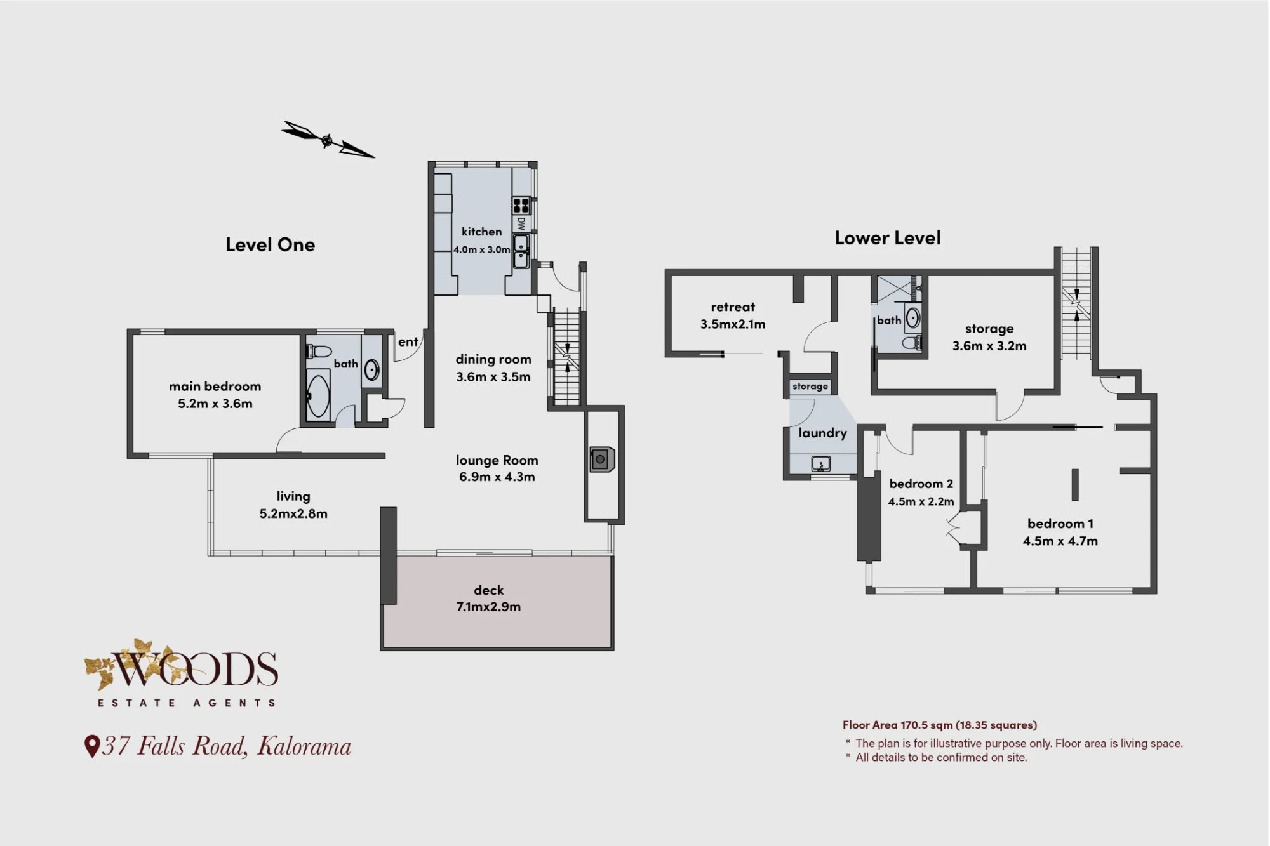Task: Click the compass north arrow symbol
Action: [327, 140]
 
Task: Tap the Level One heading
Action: [271, 245]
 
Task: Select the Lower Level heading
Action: [888, 238]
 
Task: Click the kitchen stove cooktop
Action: [521, 205]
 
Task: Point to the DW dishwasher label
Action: [521, 223]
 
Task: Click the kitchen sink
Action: [521, 251]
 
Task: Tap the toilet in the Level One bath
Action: [319, 352]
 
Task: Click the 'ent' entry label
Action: [408, 342]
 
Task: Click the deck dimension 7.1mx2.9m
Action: [488, 607]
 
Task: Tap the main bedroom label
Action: [215, 387]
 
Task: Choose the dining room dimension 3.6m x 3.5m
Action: [493, 377]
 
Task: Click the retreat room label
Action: [733, 307]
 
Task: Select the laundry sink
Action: [820, 464]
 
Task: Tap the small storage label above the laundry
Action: [810, 386]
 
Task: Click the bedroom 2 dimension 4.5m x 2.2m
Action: [921, 501]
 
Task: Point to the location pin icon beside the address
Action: [92, 746]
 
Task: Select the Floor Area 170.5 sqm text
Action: [940, 725]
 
